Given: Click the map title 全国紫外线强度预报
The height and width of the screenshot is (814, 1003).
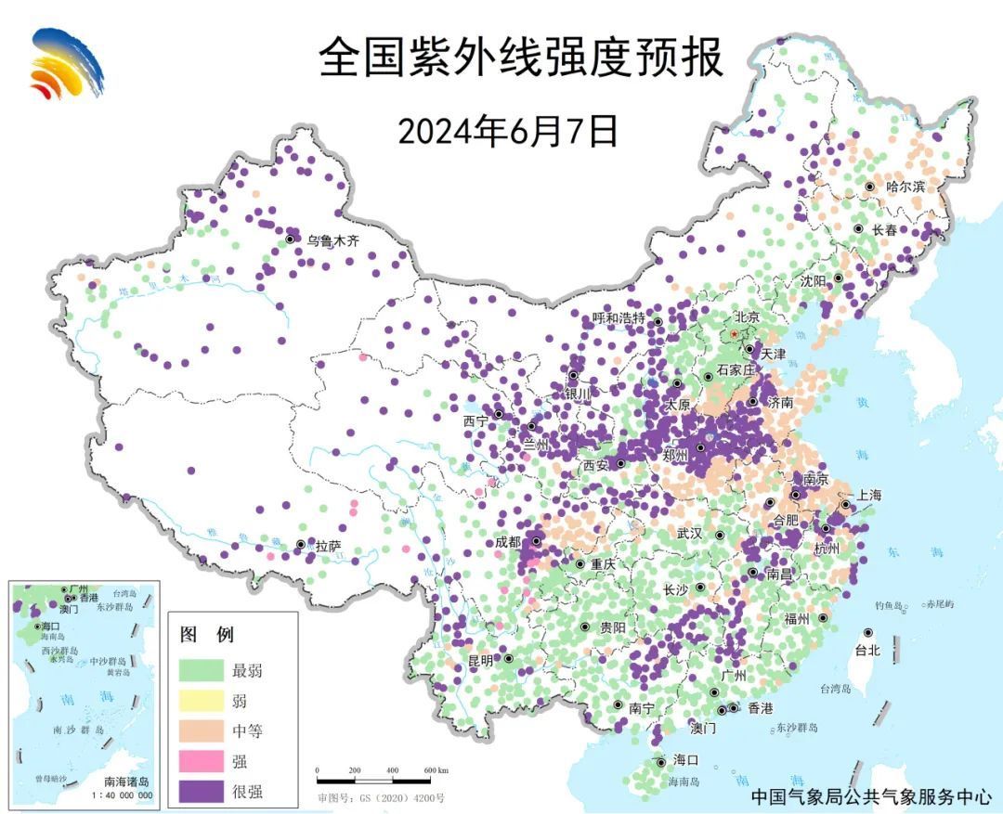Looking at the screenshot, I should click(520, 58).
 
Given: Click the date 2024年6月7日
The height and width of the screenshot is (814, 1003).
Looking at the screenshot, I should click(508, 131).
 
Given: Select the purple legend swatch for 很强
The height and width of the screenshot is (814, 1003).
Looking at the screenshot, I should click(202, 792).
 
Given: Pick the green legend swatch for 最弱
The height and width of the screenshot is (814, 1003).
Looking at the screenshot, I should click(202, 670).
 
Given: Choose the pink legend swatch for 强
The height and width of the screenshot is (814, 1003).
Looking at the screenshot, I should click(202, 761).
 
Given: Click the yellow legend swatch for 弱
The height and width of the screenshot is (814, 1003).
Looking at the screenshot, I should click(202, 701).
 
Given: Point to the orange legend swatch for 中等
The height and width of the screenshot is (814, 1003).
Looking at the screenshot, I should click(202, 731).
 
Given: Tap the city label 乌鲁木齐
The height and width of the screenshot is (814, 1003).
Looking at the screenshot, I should click(332, 240).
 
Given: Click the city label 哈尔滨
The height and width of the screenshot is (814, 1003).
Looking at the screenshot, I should click(905, 187).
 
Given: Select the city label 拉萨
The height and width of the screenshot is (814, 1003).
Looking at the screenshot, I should click(328, 548).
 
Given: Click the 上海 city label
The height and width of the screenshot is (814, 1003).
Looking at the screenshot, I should click(870, 496).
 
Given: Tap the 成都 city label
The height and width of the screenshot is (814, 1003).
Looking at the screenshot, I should click(508, 542).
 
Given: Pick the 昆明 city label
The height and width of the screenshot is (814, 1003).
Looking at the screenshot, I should click(481, 661).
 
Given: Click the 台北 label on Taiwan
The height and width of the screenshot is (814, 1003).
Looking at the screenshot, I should click(866, 651).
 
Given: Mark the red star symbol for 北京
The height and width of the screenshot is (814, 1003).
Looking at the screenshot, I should click(734, 333).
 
